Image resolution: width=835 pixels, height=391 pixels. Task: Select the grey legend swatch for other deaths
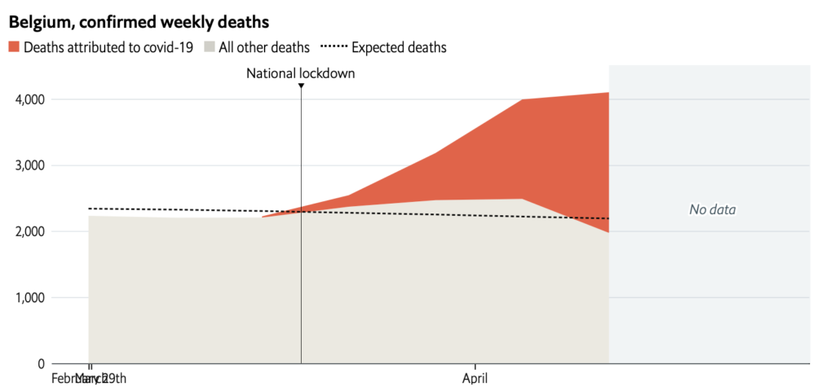[210, 47]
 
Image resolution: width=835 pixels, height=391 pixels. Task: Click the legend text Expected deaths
[399, 47]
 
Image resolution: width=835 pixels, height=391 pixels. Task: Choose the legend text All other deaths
[264, 47]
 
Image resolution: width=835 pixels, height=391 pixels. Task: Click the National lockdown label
[301, 74]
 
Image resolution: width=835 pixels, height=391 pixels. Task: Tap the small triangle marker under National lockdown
[301, 86]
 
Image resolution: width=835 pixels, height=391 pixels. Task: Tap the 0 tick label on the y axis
[41, 363]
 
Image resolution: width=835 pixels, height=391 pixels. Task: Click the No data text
[712, 209]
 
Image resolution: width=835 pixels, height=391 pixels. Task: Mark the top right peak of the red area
[607, 94]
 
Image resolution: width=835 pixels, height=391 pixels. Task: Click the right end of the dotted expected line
[608, 218]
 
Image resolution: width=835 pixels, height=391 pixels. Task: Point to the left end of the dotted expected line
[89, 209]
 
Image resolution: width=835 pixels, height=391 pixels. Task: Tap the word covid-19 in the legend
[166, 47]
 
